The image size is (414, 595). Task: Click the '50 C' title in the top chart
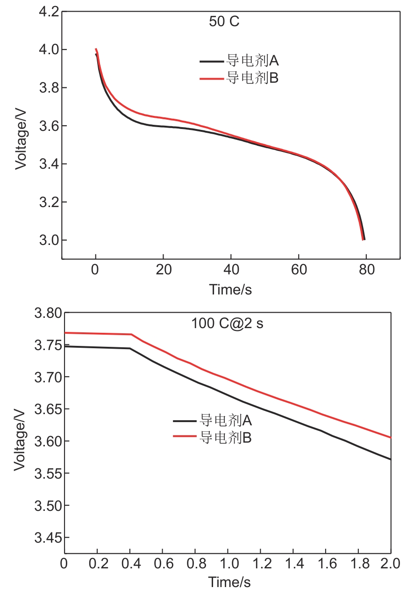click(x=224, y=22)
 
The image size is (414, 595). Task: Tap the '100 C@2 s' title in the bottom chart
click(x=227, y=323)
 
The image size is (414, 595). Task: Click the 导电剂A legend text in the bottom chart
click(x=226, y=421)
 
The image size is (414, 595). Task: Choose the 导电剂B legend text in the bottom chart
click(x=226, y=437)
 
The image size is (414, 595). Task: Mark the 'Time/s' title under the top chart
click(x=231, y=290)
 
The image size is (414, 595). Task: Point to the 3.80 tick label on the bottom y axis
click(x=48, y=313)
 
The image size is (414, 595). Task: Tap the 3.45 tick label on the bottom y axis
click(x=48, y=538)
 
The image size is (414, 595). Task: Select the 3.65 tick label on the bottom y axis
click(x=48, y=409)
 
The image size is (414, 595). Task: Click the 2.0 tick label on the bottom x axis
click(x=390, y=563)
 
